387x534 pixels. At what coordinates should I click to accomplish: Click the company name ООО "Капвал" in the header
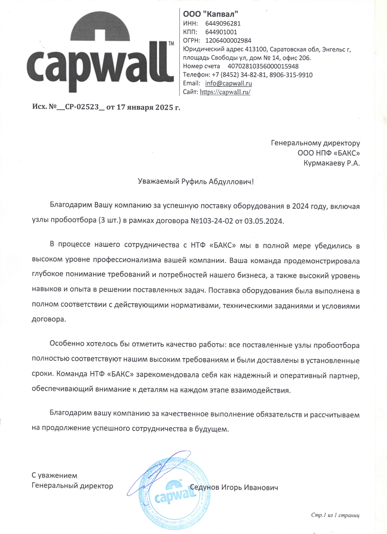coord(210,14)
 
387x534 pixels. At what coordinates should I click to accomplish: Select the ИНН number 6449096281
coord(223,23)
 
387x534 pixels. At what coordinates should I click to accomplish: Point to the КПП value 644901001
coord(221,32)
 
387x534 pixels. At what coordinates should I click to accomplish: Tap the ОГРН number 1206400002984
coord(228,41)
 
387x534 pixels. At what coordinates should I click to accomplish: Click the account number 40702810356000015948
coord(263,66)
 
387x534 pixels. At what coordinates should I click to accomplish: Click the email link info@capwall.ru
coord(228,83)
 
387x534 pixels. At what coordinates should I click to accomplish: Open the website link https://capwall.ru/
coord(225,92)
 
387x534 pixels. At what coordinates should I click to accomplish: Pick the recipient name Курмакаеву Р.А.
coord(331,163)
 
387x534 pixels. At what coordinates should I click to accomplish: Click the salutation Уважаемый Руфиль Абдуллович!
coord(196,182)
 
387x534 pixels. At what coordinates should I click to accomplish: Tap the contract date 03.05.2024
coord(264,221)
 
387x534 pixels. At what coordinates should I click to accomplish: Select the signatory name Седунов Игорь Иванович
coord(234,487)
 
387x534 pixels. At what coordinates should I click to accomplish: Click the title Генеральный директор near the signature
coord(72,485)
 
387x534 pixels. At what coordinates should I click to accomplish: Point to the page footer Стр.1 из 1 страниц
coord(335,515)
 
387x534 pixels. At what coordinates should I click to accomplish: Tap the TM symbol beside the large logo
coord(171,43)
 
